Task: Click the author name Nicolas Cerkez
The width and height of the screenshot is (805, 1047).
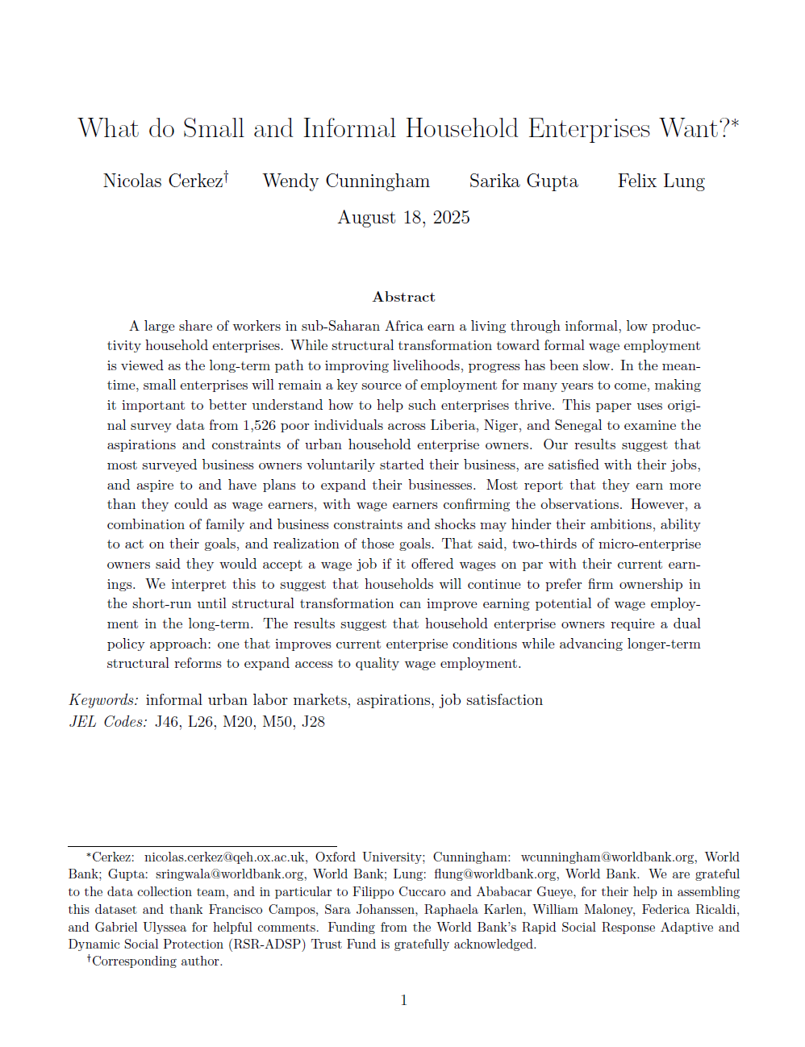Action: [x=163, y=181]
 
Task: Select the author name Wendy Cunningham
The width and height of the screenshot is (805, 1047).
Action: [x=346, y=181]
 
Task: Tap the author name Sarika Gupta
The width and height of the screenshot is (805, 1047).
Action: [x=523, y=181]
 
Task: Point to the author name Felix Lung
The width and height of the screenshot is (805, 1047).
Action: [x=661, y=181]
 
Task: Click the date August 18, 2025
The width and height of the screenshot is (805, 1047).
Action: [x=403, y=218]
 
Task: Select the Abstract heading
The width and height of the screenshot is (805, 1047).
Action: [x=403, y=297]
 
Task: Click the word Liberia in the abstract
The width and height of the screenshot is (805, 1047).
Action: [x=453, y=425]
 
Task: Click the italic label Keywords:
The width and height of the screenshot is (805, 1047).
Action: [x=103, y=700]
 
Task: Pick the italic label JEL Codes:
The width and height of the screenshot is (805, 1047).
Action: [x=108, y=722]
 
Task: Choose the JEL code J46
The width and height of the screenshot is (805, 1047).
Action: [x=168, y=722]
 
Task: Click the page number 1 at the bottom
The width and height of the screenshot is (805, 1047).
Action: [x=403, y=1000]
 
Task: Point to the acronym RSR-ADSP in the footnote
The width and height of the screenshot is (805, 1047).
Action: [x=265, y=944]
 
